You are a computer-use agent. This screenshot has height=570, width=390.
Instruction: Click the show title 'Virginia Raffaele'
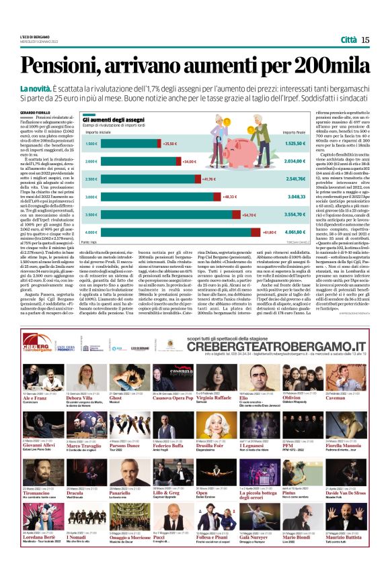[212, 397]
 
